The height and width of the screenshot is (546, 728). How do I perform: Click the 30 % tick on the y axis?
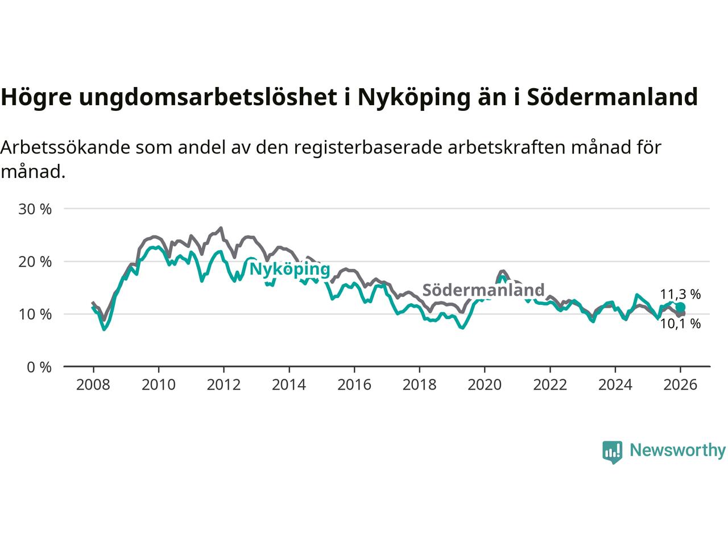(35, 209)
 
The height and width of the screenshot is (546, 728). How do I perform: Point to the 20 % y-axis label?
(35, 262)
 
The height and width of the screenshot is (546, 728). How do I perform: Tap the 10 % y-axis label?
(35, 314)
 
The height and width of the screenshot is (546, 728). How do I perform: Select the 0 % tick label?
(39, 367)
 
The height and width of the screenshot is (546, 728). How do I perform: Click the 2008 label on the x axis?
(93, 385)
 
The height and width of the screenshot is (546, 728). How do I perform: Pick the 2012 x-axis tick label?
(224, 385)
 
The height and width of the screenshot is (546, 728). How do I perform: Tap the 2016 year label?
(354, 385)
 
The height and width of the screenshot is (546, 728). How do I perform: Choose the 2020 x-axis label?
(484, 385)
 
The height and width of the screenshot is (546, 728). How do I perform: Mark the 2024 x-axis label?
(615, 385)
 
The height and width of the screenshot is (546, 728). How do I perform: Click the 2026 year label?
(680, 385)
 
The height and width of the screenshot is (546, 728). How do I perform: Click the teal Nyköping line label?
(289, 269)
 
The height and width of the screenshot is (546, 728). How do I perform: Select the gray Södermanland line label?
(483, 290)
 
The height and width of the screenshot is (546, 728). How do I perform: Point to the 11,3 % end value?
(680, 294)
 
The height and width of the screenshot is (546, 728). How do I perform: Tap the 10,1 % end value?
(680, 324)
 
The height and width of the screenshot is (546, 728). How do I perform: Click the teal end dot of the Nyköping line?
(680, 307)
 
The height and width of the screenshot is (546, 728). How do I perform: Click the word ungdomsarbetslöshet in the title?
(208, 97)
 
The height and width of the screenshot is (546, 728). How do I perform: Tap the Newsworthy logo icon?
(612, 452)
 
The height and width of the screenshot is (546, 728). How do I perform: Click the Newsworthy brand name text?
(677, 450)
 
